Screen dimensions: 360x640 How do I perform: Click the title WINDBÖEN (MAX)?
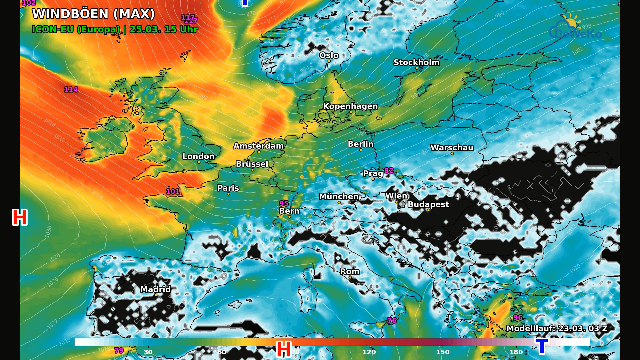coord(93,14)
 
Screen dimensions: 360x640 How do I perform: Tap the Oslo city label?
coord(329,55)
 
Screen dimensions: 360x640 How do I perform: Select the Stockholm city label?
coord(416,62)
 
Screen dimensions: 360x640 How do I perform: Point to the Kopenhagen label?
coord(350,106)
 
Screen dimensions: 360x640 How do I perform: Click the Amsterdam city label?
coord(258,146)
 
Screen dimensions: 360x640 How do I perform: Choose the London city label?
coord(198,156)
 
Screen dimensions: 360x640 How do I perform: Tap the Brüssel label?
coord(252,164)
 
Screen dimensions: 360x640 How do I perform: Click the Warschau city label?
coord(452,148)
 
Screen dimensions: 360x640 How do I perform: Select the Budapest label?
coord(428,204)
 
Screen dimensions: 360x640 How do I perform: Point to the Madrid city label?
coord(155,289)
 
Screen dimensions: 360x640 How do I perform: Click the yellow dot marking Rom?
coord(350,278)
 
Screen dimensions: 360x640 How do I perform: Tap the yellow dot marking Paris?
coord(228,194)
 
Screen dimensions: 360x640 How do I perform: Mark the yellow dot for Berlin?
coord(361,150)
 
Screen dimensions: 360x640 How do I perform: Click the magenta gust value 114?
coord(71,89)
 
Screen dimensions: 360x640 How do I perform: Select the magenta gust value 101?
coord(173,192)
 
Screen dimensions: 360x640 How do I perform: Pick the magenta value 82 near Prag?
coord(389,171)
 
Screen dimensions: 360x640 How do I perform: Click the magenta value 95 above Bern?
coord(284,204)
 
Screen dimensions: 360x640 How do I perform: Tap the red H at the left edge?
coord(20,217)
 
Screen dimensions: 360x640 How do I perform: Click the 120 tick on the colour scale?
coord(369,352)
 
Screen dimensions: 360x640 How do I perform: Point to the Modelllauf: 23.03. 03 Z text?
coord(557,329)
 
